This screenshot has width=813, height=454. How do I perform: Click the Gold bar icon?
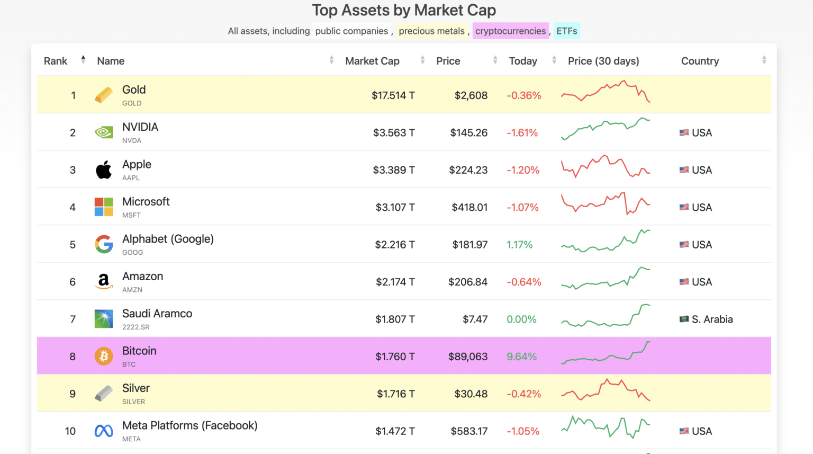click(104, 95)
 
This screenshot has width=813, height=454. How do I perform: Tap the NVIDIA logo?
click(104, 132)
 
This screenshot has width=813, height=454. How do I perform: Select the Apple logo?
click(104, 170)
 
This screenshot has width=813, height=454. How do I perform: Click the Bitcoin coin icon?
click(104, 356)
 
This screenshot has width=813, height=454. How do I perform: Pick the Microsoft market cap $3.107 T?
click(395, 207)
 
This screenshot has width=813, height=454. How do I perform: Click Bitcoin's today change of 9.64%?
click(521, 357)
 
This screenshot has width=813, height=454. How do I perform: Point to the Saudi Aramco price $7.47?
click(475, 319)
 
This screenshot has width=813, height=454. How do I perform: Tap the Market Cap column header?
click(372, 61)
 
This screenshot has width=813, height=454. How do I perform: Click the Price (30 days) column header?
click(603, 61)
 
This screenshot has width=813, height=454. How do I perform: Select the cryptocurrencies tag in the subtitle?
click(510, 31)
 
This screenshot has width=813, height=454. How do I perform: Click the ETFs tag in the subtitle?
click(566, 31)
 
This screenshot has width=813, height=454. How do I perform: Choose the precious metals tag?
click(431, 31)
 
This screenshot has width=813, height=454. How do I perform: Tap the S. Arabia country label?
click(712, 319)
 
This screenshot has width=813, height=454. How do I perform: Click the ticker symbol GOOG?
click(132, 252)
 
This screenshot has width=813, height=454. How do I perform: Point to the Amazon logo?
click(104, 281)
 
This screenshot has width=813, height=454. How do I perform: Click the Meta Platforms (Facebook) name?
click(190, 425)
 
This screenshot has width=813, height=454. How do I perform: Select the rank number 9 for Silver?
click(73, 394)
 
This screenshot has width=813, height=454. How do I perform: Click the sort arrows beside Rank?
click(83, 60)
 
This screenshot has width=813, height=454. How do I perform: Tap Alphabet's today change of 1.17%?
click(519, 245)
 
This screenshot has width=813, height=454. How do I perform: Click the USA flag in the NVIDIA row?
click(684, 132)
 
